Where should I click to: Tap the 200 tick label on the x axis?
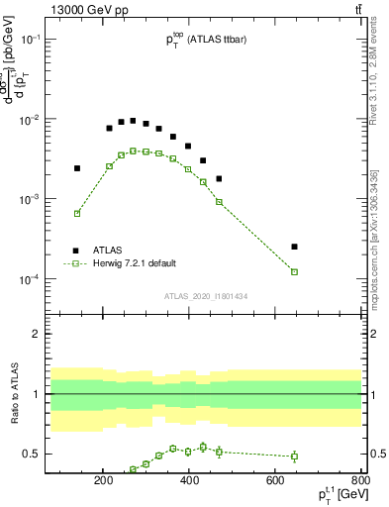click(x=103, y=480)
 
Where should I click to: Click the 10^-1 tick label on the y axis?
click(x=54, y=40)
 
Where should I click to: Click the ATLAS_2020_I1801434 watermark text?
click(x=206, y=295)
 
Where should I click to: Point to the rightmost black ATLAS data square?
click(x=294, y=247)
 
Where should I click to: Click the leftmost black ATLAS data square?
click(x=77, y=168)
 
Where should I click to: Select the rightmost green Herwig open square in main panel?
click(x=294, y=271)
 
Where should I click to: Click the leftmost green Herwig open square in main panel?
click(x=77, y=214)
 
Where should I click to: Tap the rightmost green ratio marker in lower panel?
click(x=294, y=456)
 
